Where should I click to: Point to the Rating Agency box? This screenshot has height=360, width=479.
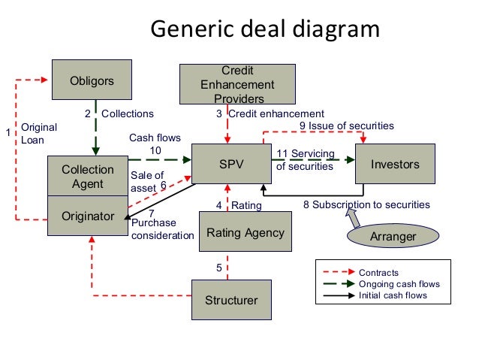(245, 233)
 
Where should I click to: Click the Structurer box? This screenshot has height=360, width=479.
(231, 300)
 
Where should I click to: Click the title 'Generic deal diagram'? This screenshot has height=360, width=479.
(265, 29)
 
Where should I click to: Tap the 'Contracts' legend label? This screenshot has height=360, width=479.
(378, 273)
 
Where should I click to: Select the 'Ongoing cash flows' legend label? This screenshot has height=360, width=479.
(399, 284)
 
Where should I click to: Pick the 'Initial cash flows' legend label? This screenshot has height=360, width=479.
(393, 295)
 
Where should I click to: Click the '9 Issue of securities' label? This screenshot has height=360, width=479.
(346, 126)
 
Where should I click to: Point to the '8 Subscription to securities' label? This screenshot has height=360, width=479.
(366, 204)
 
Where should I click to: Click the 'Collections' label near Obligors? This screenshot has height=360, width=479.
(127, 114)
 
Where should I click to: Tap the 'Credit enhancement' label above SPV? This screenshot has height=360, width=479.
(276, 114)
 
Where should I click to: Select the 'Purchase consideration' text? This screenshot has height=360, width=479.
(161, 230)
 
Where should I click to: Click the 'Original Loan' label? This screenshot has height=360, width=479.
(33, 134)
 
